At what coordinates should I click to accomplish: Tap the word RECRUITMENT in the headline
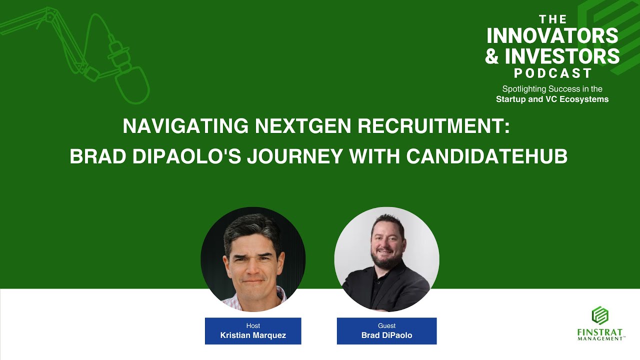(434, 126)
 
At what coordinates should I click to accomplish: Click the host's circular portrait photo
(253, 259)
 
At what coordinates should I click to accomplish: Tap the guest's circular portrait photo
(386, 259)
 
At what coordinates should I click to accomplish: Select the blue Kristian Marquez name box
(253, 331)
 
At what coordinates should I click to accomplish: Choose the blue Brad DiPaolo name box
(386, 331)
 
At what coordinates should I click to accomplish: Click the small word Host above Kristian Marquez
(253, 326)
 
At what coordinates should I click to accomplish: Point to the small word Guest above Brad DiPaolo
(386, 326)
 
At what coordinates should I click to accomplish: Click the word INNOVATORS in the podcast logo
(552, 36)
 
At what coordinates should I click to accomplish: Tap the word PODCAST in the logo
(553, 73)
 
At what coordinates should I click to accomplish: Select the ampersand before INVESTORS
(492, 56)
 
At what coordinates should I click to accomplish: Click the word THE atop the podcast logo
(553, 19)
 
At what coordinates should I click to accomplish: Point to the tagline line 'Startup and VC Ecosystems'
(552, 99)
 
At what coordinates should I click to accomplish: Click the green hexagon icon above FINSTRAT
(600, 315)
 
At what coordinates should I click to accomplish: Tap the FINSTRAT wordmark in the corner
(600, 332)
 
